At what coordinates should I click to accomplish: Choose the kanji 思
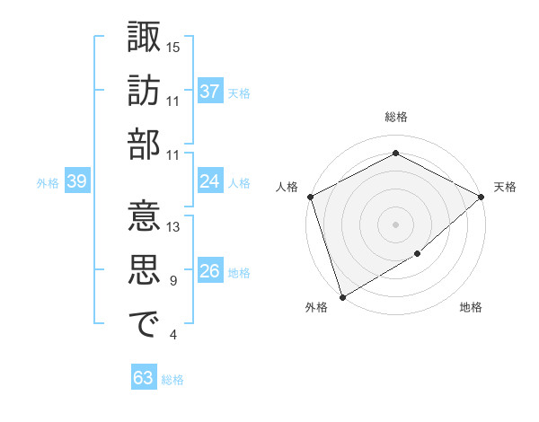144,271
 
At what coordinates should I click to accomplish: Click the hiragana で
144,325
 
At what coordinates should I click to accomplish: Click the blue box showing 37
209,91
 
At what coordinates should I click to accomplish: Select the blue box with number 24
209,181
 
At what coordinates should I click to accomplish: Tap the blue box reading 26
209,271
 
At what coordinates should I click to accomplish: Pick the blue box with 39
76,181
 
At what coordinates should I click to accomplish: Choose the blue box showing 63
143,378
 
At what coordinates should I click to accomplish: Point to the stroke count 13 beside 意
173,227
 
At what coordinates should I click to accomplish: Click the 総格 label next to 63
172,380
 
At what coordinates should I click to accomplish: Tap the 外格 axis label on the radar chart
316,308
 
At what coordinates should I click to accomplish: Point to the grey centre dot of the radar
395,224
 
